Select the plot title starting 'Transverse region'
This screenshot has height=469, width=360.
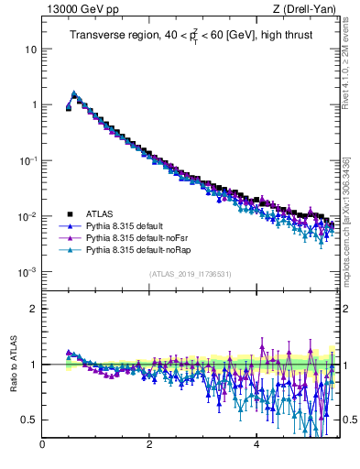click(190, 36)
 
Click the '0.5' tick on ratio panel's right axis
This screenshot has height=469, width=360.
click(348, 420)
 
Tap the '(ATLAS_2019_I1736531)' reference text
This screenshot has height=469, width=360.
click(190, 274)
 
